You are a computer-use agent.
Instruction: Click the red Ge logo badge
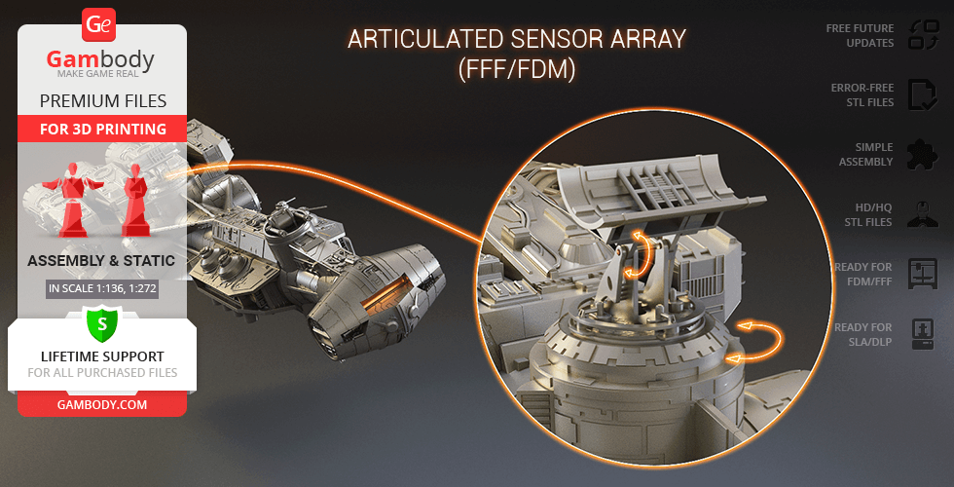(98, 24)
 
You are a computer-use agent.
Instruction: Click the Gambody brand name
(100, 59)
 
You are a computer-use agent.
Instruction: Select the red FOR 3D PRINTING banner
(102, 129)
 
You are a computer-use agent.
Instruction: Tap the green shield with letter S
(101, 325)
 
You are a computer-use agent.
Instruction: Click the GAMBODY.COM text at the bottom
(102, 404)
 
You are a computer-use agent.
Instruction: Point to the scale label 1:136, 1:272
(102, 288)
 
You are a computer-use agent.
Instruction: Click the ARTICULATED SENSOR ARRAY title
(516, 40)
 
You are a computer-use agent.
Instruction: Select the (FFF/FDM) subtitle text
(517, 69)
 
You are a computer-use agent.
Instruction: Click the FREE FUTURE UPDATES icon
(924, 35)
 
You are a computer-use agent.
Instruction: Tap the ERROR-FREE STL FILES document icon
(924, 94)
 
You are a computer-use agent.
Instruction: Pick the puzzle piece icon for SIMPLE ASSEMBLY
(923, 154)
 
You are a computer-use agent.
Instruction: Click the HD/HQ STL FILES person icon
(923, 213)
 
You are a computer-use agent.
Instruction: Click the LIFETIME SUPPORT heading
(102, 356)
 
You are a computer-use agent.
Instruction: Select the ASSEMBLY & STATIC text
(101, 261)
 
